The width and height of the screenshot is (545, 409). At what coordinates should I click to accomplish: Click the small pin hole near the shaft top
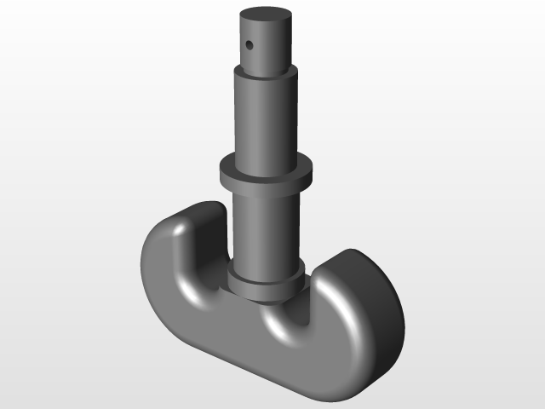(x=250, y=43)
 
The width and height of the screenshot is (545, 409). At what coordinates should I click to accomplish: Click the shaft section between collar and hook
(x=266, y=230)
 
